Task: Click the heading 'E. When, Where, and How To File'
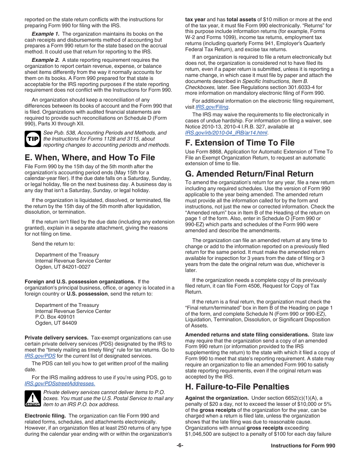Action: pyautogui.click(x=90, y=157)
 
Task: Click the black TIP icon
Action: pyautogui.click(x=32, y=139)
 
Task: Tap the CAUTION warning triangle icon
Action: pyautogui.click(x=33, y=399)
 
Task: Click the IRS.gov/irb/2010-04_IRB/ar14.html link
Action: pyautogui.click(x=226, y=133)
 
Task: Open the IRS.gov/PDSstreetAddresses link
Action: pyautogui.click(x=60, y=384)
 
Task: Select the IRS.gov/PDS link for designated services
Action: pyautogui.click(x=40, y=356)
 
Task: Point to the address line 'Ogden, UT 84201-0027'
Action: pyautogui.click(x=63, y=267)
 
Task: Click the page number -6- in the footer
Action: pyautogui.click(x=180, y=446)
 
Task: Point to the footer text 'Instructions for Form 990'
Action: pyautogui.click(x=303, y=446)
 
